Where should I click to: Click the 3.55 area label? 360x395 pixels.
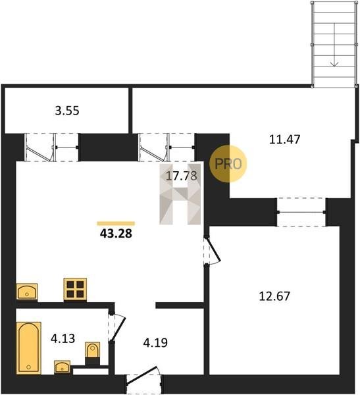[67, 111]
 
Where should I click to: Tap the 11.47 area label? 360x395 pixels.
[285, 140]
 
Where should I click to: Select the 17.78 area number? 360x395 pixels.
[182, 176]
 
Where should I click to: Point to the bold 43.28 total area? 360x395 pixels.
[116, 234]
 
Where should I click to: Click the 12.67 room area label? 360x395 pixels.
[274, 296]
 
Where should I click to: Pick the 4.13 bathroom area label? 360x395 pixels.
[63, 338]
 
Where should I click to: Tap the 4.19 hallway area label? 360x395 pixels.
[155, 342]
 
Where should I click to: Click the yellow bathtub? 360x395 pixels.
[29, 348]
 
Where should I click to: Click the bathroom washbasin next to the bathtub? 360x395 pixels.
[63, 367]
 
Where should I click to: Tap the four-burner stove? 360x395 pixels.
[75, 290]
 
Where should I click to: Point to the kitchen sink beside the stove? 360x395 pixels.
[27, 292]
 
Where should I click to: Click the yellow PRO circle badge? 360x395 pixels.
[228, 164]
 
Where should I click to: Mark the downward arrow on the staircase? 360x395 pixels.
[334, 45]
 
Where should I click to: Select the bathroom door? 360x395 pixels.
[118, 327]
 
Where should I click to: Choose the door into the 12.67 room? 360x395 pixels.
[213, 250]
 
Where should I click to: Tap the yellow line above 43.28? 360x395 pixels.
[116, 223]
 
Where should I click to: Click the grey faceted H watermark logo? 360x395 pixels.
[180, 194]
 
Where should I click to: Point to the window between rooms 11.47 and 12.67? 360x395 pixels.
[301, 212]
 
